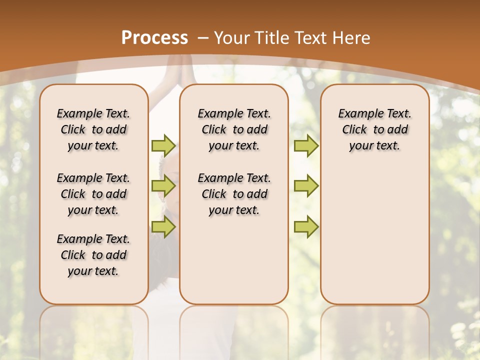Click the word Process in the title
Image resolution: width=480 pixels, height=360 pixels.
click(x=154, y=38)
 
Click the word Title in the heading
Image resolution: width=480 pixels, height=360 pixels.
click(x=271, y=38)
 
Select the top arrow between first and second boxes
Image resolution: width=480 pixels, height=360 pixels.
click(x=163, y=145)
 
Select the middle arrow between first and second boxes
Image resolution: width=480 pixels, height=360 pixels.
click(x=163, y=186)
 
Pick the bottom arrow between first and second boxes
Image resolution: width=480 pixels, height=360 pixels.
click(x=163, y=226)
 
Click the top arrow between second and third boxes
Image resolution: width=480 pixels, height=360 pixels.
click(x=306, y=145)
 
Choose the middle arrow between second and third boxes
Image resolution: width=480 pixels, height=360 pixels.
click(x=306, y=186)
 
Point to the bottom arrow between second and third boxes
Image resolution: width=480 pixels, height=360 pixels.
click(x=306, y=226)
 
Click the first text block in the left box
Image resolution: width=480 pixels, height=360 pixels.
click(x=93, y=129)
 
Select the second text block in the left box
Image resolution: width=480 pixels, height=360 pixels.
click(x=93, y=194)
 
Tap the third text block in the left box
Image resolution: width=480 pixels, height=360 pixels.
click(x=93, y=255)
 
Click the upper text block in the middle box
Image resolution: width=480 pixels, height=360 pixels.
click(x=234, y=129)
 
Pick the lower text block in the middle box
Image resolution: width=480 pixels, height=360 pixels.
click(x=234, y=194)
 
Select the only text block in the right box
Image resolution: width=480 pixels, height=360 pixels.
click(x=374, y=129)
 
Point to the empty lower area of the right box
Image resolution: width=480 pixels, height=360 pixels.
click(x=374, y=235)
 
